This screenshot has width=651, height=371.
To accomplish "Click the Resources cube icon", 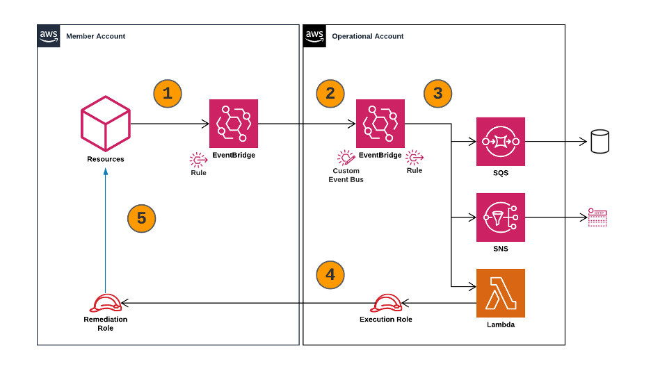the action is click(x=106, y=124).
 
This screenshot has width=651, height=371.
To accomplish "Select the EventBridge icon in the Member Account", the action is click(x=233, y=124).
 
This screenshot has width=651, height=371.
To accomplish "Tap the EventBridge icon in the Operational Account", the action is click(x=380, y=124).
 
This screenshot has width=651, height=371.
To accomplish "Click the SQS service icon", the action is click(x=501, y=141).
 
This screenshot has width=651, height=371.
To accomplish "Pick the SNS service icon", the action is click(x=501, y=217).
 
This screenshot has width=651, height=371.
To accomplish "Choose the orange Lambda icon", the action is click(x=501, y=293).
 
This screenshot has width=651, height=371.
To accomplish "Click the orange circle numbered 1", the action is click(x=168, y=94).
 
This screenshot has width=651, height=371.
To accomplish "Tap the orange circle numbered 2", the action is click(x=330, y=94).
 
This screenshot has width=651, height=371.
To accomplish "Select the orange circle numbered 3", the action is click(x=438, y=94).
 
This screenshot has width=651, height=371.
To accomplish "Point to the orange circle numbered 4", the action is click(x=330, y=275).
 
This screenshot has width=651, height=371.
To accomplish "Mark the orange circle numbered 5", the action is click(x=142, y=218).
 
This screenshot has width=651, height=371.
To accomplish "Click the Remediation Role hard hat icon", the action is click(x=106, y=303).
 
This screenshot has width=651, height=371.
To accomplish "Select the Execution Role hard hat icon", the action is click(x=386, y=303).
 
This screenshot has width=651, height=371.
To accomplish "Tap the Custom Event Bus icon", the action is click(x=346, y=158).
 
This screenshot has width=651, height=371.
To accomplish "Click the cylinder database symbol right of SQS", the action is click(x=600, y=141).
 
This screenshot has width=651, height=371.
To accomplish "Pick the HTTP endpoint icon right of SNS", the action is click(x=597, y=217).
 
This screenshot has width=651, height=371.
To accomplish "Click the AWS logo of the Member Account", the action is click(x=49, y=36).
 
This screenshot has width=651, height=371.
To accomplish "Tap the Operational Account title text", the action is click(x=368, y=37).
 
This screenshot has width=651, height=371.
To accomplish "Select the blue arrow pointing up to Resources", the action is click(x=106, y=231).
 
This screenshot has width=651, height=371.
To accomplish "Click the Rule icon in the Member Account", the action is click(x=198, y=160).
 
